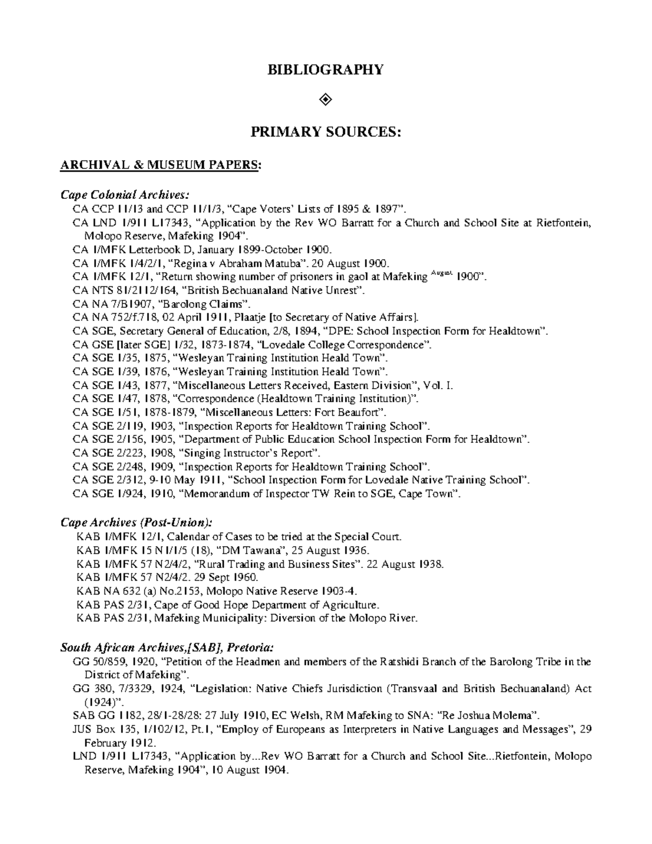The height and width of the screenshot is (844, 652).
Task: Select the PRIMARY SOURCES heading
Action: click(325, 132)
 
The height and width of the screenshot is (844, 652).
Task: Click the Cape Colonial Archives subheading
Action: click(126, 195)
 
